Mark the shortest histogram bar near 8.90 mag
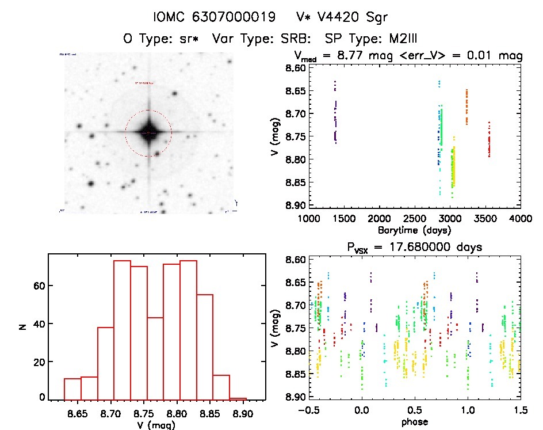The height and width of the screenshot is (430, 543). point(238,398)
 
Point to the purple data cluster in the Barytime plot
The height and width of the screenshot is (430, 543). point(335,115)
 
